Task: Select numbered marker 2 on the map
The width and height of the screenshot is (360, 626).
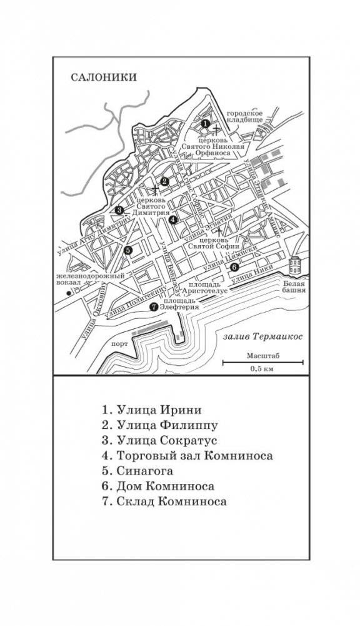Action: tap(164, 182)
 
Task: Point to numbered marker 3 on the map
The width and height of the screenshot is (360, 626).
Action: tap(119, 210)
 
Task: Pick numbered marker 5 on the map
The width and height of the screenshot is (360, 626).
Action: tap(127, 250)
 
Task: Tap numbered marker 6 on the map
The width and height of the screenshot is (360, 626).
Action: tap(234, 267)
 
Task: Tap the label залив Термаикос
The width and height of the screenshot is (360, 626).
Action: tap(262, 337)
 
